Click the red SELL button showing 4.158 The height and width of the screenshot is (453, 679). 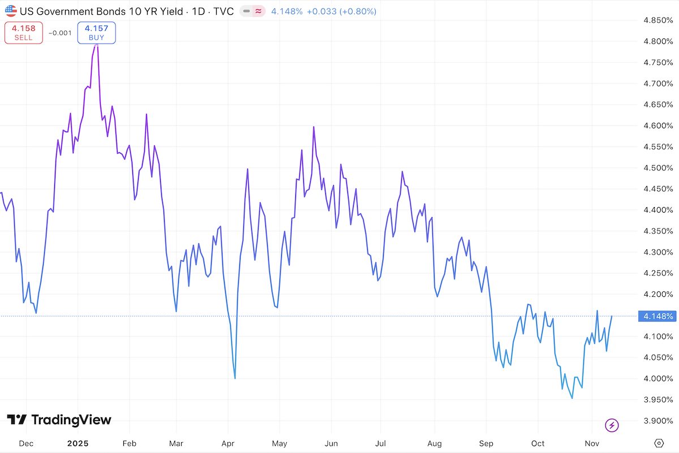coord(24,33)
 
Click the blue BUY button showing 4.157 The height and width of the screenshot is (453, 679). coord(97,33)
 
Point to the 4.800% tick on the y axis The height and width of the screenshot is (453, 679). coord(657,41)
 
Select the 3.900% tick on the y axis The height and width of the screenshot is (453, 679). coord(657,421)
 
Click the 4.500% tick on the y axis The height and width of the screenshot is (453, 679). coord(657,168)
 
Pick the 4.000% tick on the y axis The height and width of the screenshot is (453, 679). coord(657,378)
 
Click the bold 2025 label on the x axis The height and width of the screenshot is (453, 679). coord(78,443)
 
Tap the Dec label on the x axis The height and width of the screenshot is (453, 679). coord(25,443)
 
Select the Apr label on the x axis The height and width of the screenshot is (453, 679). coord(227,443)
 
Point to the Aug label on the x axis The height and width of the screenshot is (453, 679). coord(435,443)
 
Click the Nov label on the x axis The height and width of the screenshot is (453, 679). coord(591,443)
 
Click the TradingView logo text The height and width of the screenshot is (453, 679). coord(59,420)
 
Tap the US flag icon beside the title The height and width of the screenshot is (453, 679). coord(11,11)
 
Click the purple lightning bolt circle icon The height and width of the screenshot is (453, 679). coord(612,425)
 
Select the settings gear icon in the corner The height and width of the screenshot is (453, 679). coord(659,443)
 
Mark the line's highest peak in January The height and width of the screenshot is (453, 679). coord(97,44)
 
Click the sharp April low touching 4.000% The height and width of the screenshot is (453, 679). coord(235,378)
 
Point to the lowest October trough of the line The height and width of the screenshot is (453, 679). coord(572,398)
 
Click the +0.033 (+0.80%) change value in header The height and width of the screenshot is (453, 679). coord(341,11)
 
